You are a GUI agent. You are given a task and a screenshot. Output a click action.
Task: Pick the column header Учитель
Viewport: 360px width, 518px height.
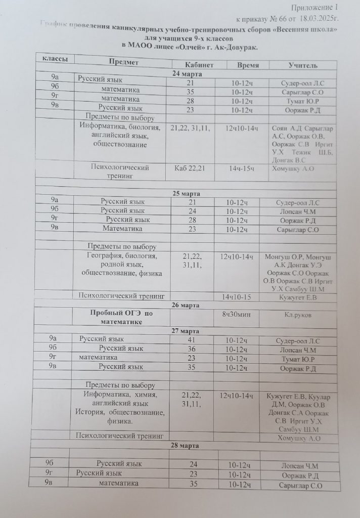[303, 66]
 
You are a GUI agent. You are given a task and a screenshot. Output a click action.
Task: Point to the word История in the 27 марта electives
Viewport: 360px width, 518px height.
[91, 412]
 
